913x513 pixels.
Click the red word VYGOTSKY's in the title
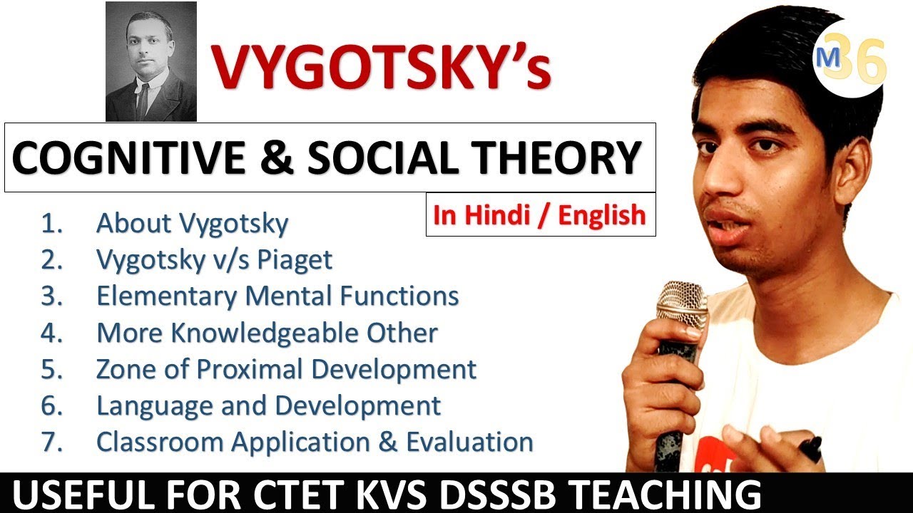click(382, 67)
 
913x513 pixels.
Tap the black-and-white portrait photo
click(151, 61)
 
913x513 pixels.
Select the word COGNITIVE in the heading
click(128, 157)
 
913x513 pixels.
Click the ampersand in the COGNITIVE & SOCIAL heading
click(276, 157)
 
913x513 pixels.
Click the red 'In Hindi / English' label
click(540, 215)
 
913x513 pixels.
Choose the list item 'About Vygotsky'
click(193, 224)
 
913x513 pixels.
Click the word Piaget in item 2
click(295, 260)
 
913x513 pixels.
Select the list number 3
click(51, 296)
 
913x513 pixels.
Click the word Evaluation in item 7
click(470, 442)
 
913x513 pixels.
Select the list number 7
click(51, 442)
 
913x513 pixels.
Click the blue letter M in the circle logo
click(828, 58)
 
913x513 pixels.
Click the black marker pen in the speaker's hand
click(811, 448)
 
